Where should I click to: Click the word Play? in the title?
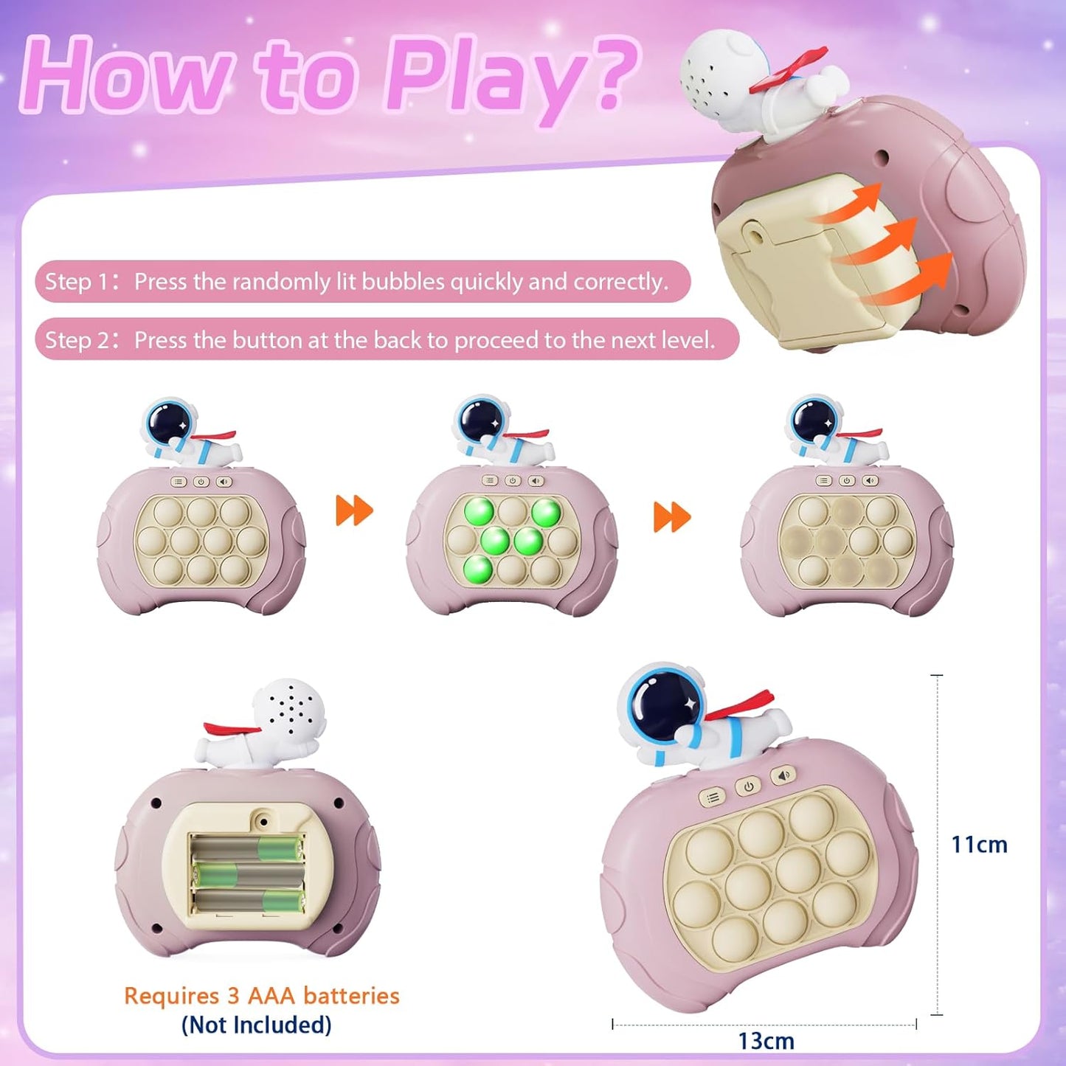click(509, 77)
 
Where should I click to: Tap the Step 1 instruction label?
click(77, 282)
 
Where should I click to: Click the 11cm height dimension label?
click(979, 845)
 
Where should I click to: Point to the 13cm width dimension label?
click(766, 1041)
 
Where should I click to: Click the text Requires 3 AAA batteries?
click(261, 996)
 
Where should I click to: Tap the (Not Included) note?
click(256, 1025)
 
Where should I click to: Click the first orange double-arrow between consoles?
click(354, 510)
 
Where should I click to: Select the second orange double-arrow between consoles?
click(672, 517)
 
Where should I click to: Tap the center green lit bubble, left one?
click(494, 541)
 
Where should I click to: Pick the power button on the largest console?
click(748, 786)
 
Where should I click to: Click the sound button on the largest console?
click(783, 775)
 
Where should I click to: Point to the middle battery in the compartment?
click(247, 876)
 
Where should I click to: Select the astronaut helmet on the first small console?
click(168, 423)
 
